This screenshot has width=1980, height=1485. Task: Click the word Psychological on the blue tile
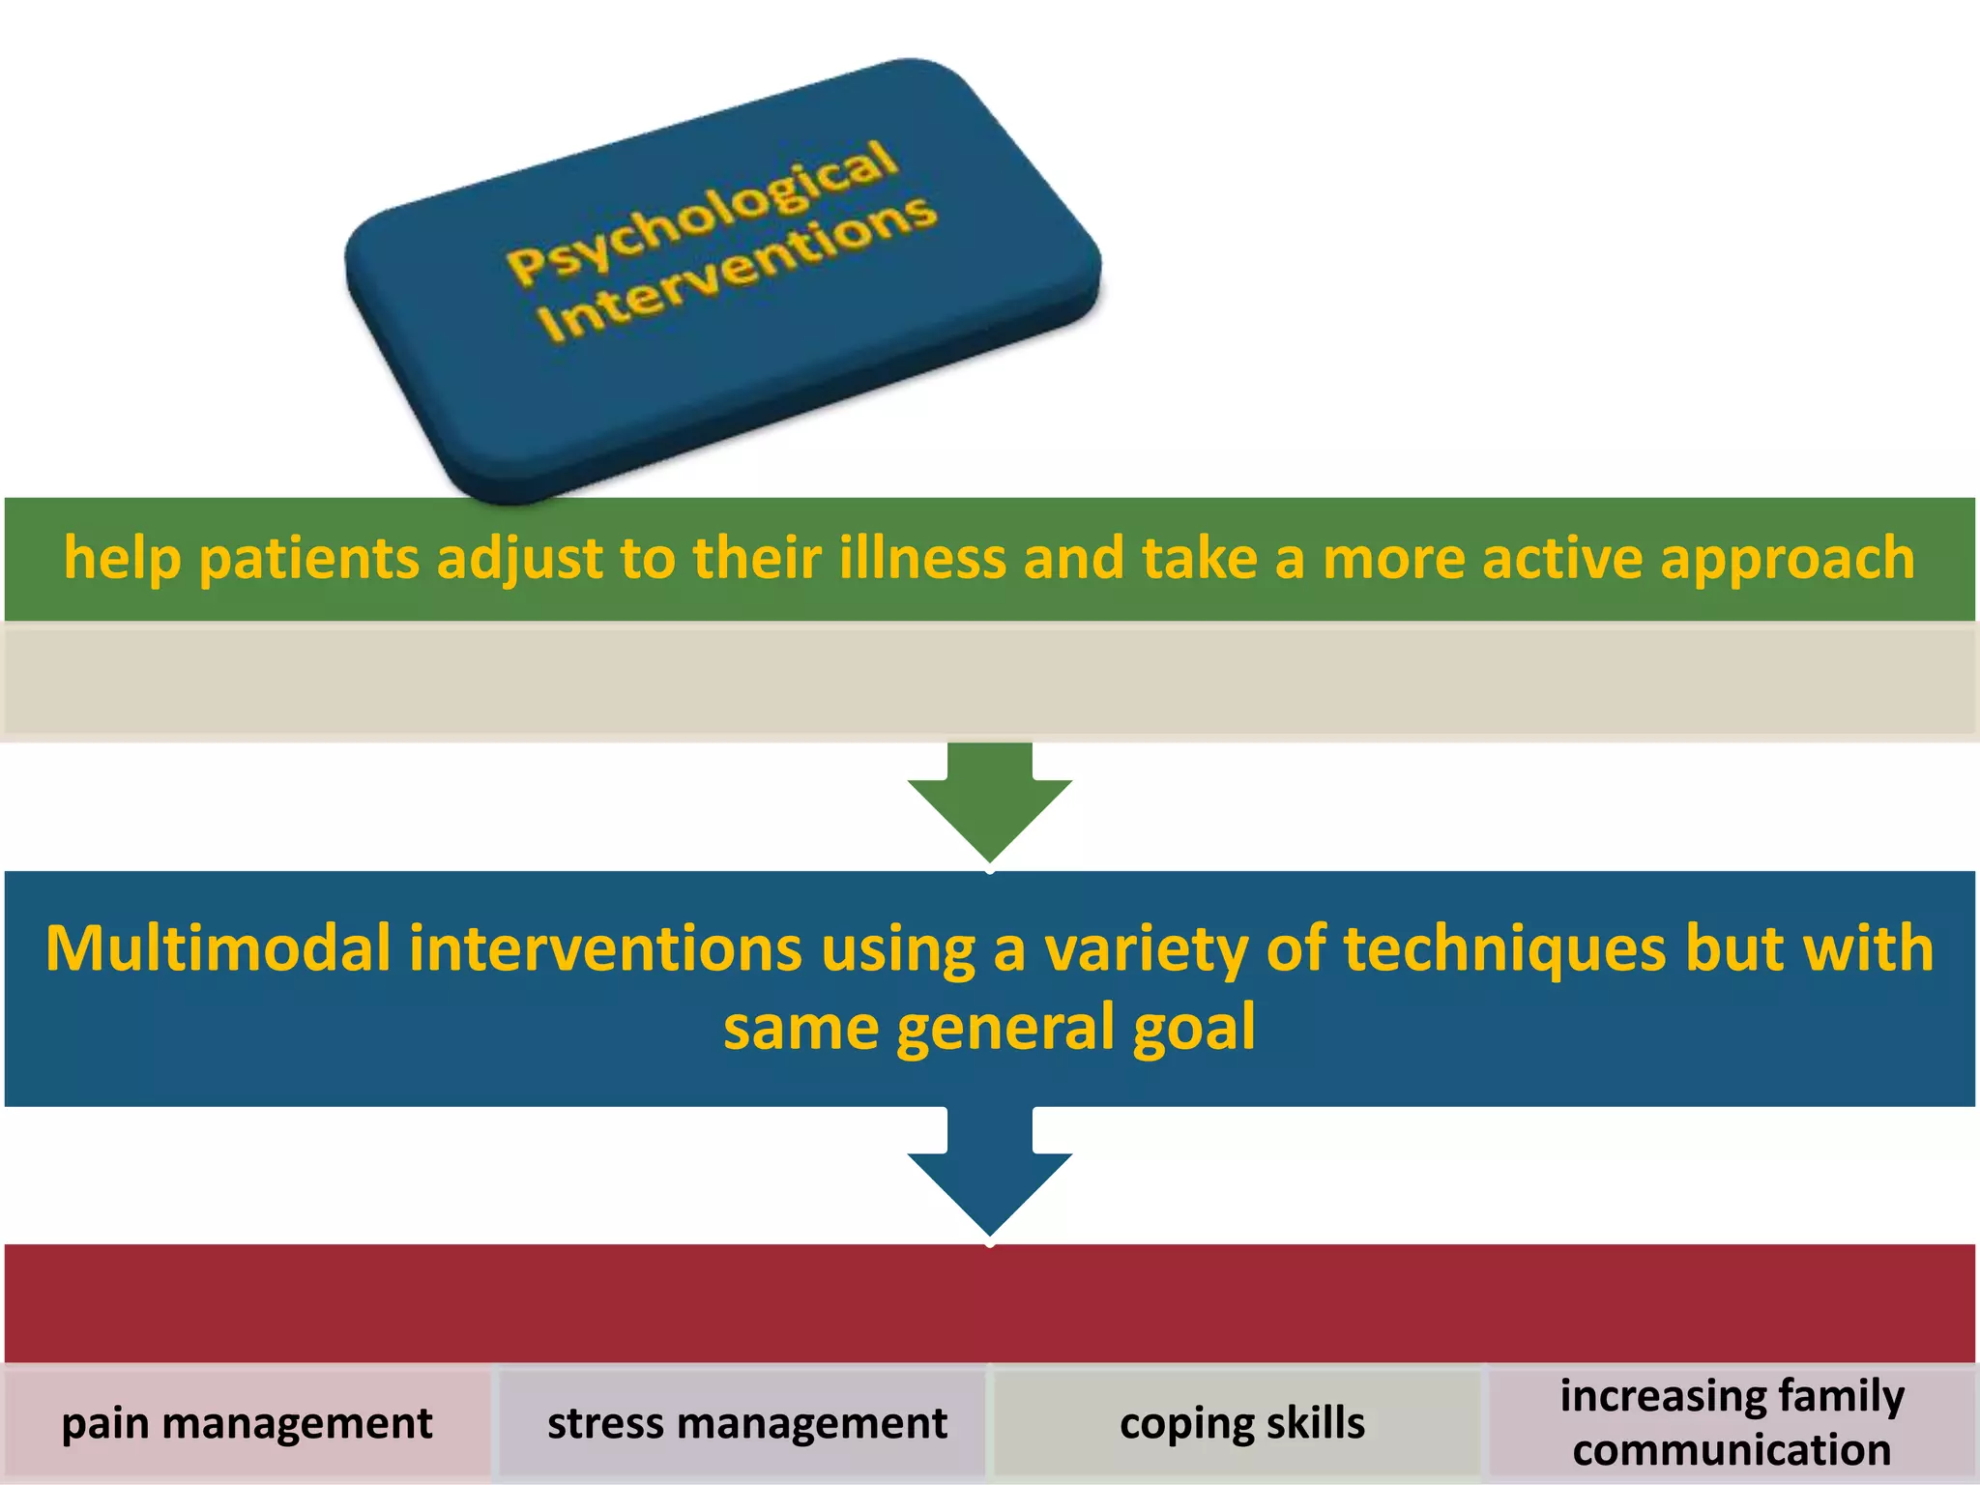[x=703, y=212]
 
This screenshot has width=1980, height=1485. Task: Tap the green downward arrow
[x=989, y=802]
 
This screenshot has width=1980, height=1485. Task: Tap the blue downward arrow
[x=989, y=1175]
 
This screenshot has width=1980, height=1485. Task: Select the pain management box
[x=247, y=1423]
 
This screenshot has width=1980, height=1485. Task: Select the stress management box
[x=746, y=1423]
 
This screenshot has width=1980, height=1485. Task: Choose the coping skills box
[x=1241, y=1423]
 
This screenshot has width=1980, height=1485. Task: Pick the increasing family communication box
[x=1732, y=1423]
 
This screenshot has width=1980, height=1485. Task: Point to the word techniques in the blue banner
[x=1504, y=948]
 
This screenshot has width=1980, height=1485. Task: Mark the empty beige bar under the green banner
[x=989, y=682]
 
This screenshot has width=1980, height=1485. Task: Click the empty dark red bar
[x=989, y=1303]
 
